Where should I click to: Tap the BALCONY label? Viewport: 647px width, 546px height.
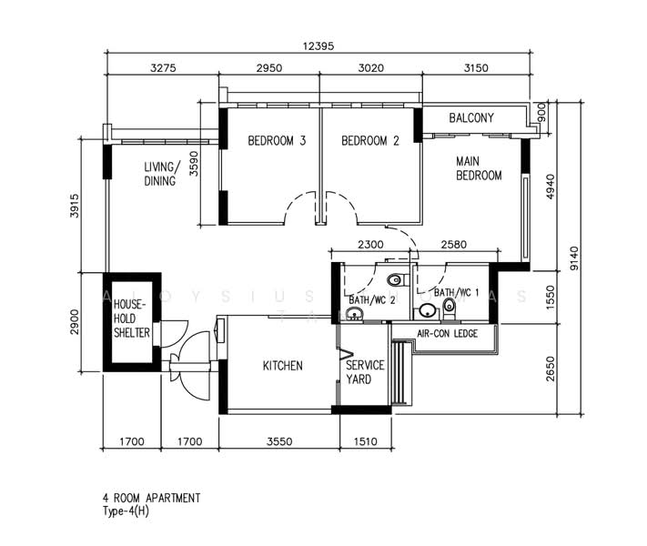[x=471, y=118]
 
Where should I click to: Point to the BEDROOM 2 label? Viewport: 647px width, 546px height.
[x=370, y=141]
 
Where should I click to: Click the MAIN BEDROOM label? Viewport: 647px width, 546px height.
[x=479, y=168]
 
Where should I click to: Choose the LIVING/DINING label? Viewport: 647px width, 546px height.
[x=163, y=174]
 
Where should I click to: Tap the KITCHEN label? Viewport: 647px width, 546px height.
[x=282, y=366]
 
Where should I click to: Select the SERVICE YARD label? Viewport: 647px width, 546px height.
[x=365, y=372]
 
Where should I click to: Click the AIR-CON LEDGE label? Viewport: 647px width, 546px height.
[x=447, y=334]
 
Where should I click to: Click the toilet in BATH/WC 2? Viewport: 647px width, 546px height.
[x=393, y=280]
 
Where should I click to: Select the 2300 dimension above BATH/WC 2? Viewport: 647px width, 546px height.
[x=370, y=245]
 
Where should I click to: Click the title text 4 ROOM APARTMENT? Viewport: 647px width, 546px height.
[x=151, y=499]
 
